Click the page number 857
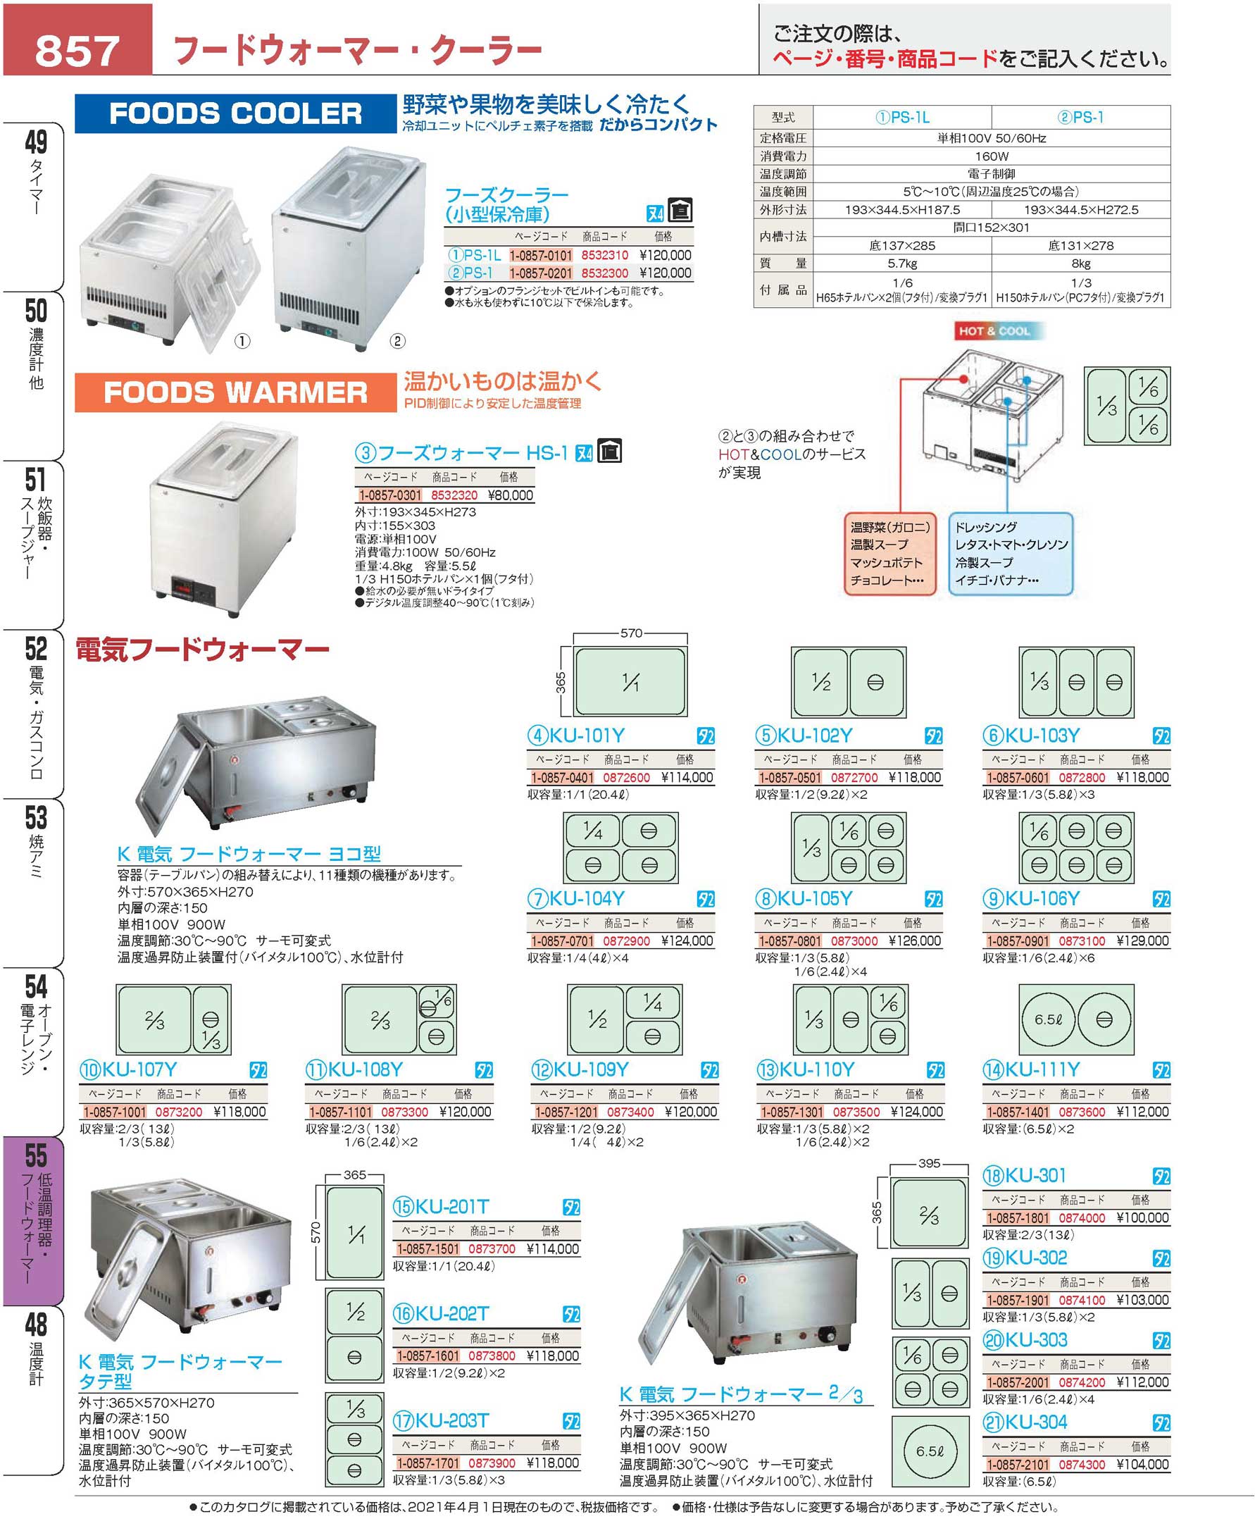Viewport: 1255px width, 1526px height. (77, 49)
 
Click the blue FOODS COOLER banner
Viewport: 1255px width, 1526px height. (236, 113)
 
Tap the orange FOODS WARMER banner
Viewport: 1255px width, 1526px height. (236, 392)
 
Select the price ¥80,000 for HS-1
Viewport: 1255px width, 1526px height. (511, 495)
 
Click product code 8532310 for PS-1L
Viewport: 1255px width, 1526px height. (605, 255)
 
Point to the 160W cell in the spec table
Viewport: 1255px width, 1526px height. (991, 156)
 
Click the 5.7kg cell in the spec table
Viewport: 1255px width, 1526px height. (902, 264)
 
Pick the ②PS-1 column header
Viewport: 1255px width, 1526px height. (1081, 117)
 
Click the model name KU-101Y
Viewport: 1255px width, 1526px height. (587, 736)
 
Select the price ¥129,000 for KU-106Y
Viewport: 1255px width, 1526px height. (1142, 941)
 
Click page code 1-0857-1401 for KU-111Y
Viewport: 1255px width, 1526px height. (1018, 1112)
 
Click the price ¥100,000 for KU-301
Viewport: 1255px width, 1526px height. (1142, 1218)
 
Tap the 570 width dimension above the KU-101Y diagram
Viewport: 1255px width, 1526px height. (631, 633)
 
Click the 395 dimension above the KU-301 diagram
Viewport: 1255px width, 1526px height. (929, 1163)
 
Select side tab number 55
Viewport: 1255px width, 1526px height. (36, 1155)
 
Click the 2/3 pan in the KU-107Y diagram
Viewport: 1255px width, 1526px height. (154, 1019)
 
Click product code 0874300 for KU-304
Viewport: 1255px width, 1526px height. (1082, 1465)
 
